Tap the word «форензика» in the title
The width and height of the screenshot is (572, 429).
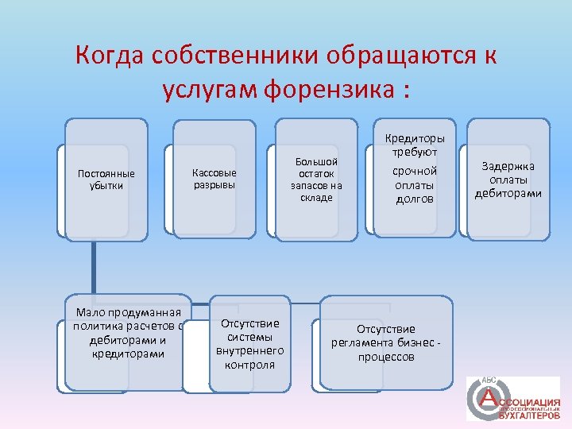[330, 90]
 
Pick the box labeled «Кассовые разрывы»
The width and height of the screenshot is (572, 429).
[214, 180]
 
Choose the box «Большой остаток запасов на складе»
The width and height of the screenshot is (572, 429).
[315, 180]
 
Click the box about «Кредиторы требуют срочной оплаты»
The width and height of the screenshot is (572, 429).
[415, 176]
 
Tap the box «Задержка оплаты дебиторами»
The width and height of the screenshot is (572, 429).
[508, 179]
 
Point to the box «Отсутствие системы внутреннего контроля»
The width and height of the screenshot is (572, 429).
[250, 344]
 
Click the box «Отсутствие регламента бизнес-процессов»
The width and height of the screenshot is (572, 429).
[386, 343]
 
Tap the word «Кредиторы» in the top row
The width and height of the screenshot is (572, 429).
[415, 137]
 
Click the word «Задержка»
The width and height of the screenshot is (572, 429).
[508, 166]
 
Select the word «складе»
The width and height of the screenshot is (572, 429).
[316, 198]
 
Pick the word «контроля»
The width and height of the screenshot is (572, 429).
[250, 365]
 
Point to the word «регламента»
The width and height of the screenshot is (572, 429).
[369, 343]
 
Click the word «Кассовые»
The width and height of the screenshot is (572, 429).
[214, 173]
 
